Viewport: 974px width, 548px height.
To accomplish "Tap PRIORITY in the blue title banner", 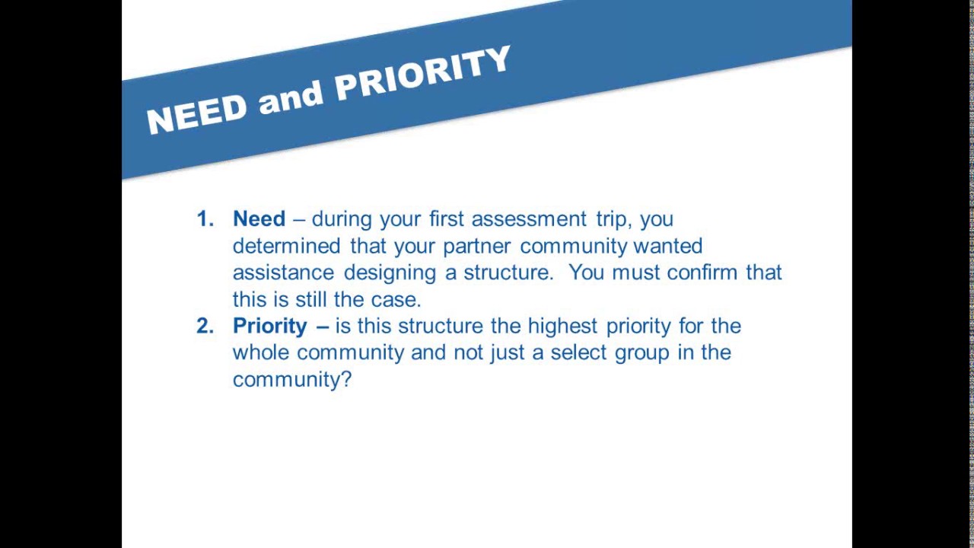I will (x=423, y=74).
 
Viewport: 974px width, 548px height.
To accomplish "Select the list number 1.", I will (x=204, y=219).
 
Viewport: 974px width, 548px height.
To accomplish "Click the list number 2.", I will (x=204, y=326).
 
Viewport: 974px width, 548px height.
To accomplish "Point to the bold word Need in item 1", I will (x=259, y=219).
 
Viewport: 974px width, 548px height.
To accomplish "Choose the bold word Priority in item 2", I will (x=270, y=327).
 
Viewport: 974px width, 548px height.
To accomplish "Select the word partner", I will (x=478, y=246).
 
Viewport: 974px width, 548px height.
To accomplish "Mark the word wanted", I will (x=667, y=246).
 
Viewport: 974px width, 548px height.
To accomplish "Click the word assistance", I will (x=283, y=272).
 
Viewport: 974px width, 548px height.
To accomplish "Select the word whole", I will (x=261, y=352).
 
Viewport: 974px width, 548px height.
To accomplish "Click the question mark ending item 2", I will (x=347, y=379).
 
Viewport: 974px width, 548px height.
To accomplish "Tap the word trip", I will (x=611, y=220).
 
